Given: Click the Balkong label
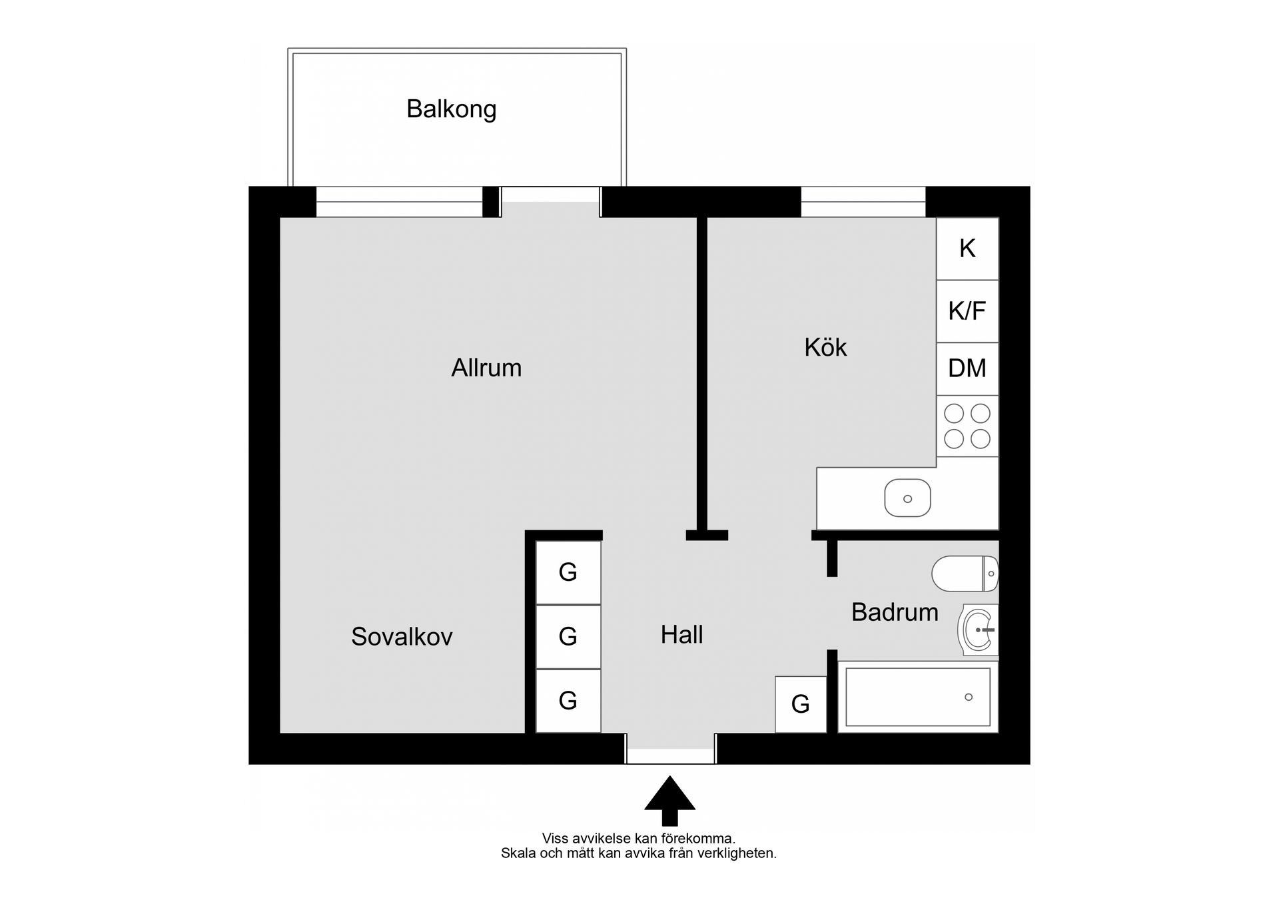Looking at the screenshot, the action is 452,109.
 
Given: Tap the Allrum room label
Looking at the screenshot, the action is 486,368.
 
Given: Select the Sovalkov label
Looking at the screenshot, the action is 402,637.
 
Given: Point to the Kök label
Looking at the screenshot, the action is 825,347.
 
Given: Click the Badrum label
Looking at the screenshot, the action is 895,612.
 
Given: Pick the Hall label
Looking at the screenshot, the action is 682,635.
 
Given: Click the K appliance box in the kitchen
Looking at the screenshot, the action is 967,248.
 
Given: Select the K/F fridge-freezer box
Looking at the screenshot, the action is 967,311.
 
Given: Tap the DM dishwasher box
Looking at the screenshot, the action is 967,369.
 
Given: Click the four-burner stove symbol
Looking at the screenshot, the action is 967,426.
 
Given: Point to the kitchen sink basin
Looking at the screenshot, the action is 907,498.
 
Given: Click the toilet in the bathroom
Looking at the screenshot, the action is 965,574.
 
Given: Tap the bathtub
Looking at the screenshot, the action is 918,697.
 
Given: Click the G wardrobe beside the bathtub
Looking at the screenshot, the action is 801,704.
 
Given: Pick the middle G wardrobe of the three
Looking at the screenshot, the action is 568,637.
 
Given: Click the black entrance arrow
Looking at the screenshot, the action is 669,801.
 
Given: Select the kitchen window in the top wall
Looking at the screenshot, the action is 863,202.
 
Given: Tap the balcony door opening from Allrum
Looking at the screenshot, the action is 550,202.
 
